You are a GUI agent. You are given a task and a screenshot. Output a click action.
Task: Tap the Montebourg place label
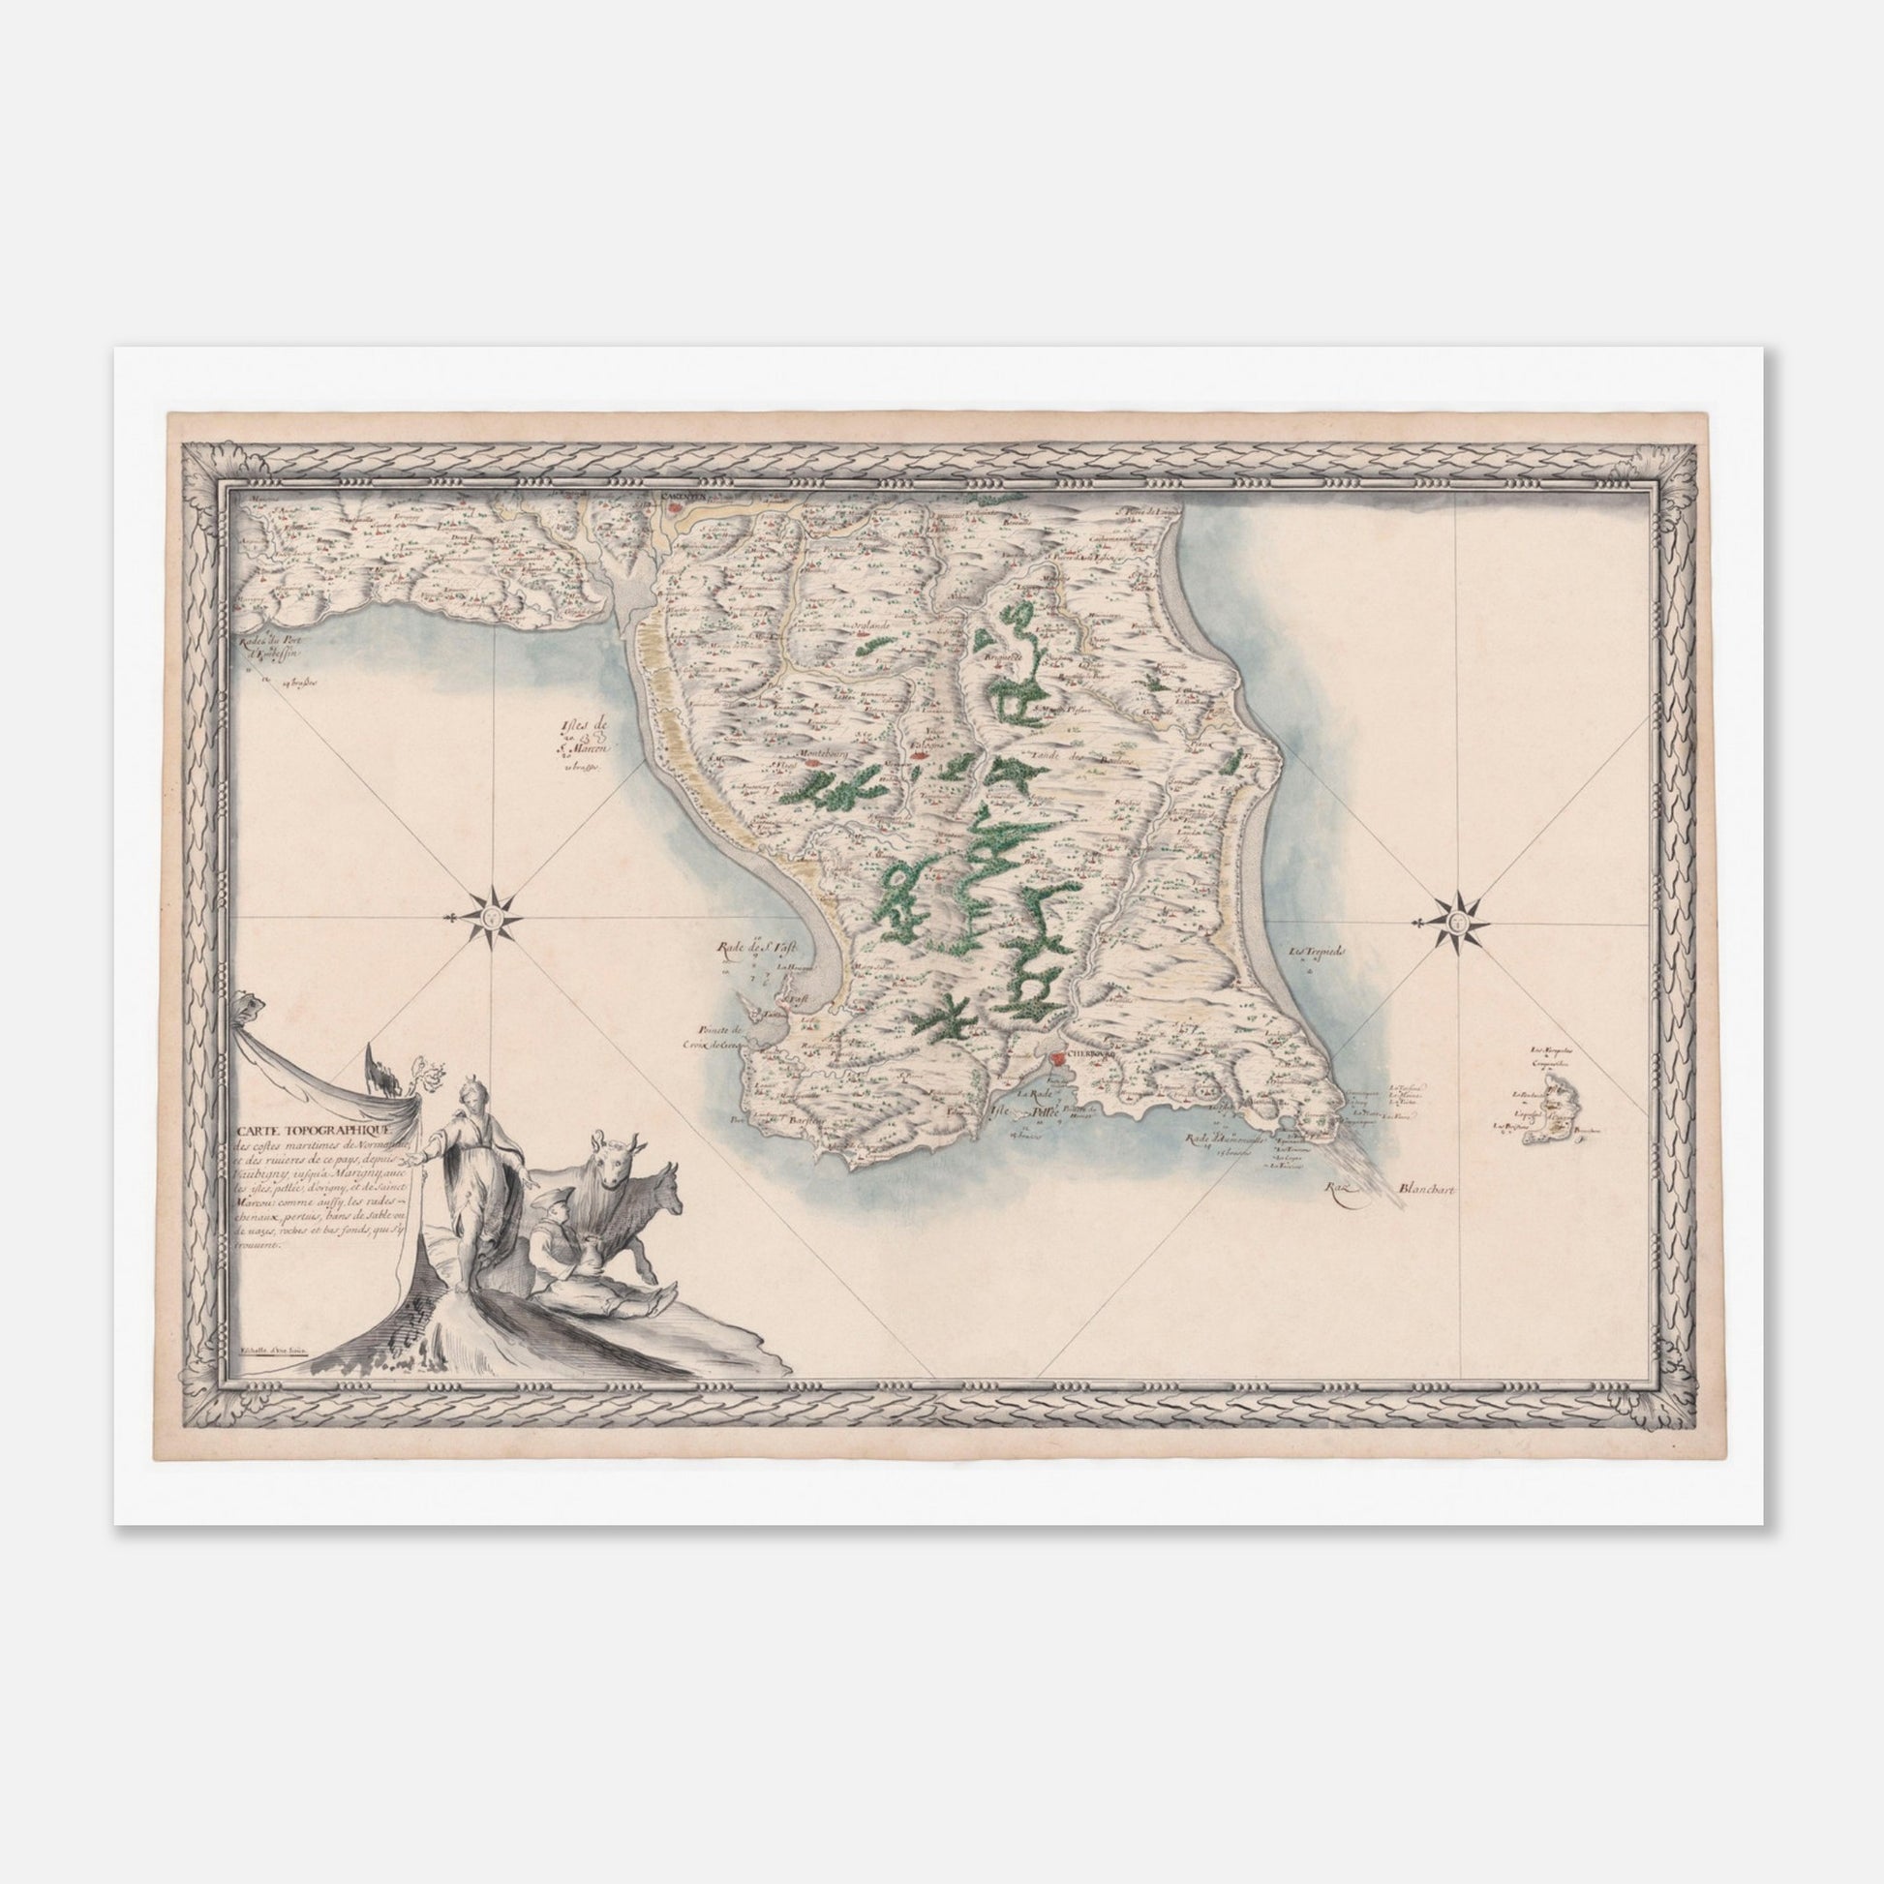pyautogui.click(x=823, y=754)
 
